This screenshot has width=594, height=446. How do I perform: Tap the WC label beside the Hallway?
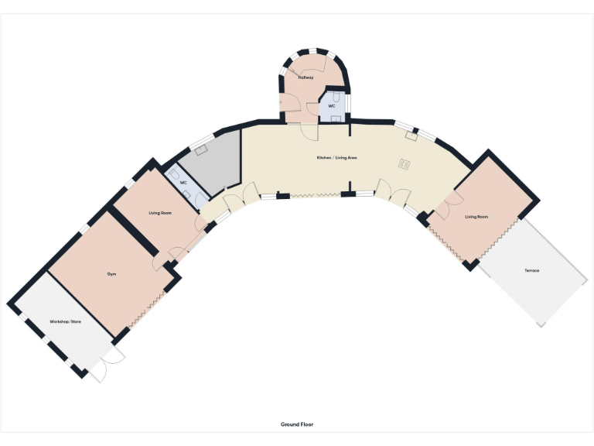coord(332,105)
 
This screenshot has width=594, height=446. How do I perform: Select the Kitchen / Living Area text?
coord(336,157)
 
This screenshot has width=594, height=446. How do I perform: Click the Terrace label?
coord(531,270)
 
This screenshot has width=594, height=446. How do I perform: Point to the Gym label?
coord(111,274)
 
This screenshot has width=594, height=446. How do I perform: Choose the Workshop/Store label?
coord(66,321)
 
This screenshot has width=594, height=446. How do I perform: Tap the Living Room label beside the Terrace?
coord(476,217)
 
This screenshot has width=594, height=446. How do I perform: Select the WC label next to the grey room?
coord(184,183)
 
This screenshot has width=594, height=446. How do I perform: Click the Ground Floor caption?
coord(297,424)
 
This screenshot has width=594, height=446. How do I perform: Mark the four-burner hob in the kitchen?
coord(404,163)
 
